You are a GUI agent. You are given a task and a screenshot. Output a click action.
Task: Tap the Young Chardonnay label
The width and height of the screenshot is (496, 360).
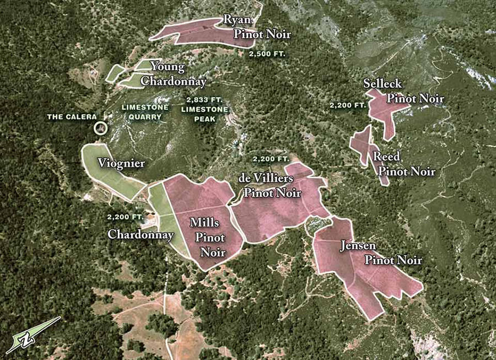172,74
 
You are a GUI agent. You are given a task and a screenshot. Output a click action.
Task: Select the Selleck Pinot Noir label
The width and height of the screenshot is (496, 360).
403,92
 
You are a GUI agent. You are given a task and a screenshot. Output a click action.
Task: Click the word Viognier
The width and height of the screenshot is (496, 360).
121,163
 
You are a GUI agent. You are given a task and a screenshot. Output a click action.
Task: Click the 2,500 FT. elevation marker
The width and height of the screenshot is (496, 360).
266,55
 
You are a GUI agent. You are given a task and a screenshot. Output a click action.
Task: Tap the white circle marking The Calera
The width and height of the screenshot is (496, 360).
100,128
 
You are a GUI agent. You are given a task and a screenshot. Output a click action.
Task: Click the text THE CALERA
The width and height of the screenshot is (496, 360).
72,117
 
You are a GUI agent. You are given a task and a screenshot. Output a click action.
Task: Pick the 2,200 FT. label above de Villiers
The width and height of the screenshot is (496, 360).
271,159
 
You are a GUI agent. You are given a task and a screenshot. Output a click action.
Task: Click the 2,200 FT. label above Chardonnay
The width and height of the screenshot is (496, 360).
126,217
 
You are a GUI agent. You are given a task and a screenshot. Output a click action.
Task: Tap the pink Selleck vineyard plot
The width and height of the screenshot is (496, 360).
386,110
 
